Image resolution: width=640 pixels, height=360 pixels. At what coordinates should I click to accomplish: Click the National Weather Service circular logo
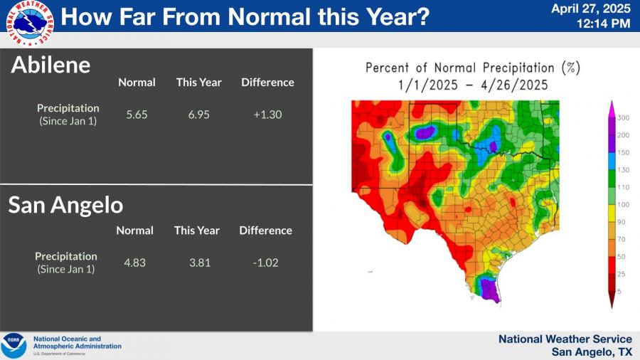[x=30, y=23]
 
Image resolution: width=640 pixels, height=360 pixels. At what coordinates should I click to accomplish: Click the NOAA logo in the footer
[x=14, y=346]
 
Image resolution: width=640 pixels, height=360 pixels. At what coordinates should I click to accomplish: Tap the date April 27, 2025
[x=591, y=9]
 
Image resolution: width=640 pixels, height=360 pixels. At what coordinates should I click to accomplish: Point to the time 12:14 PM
[x=603, y=23]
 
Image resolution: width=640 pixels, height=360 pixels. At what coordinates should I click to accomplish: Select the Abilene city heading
[x=50, y=65]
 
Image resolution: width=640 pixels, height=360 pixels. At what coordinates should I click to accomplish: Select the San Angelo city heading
[x=65, y=205]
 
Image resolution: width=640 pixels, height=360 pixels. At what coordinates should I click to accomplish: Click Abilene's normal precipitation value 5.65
[x=137, y=115]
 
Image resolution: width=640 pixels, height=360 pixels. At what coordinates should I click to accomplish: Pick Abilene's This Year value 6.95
[x=199, y=115]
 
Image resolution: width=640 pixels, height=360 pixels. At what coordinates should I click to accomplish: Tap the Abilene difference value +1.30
[x=268, y=115]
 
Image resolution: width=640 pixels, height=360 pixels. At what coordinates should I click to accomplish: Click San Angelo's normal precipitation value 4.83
[x=134, y=263]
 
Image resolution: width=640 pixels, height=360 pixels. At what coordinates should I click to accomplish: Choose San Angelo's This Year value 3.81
[x=200, y=263]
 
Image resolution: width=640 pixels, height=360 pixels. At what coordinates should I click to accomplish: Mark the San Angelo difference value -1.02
[x=266, y=263]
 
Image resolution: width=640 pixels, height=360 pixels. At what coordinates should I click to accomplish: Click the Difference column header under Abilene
[x=268, y=83]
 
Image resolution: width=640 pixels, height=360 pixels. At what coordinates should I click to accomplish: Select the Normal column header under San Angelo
[x=134, y=231]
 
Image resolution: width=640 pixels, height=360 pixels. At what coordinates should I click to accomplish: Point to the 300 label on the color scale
[x=623, y=118]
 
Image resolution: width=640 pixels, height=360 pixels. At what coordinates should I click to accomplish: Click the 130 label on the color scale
[x=623, y=170]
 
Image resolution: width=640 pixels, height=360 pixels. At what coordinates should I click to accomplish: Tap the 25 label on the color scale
[x=622, y=275]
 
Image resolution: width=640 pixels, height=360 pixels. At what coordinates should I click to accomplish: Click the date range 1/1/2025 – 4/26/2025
[x=473, y=85]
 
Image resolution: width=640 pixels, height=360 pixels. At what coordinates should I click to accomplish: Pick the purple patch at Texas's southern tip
[x=489, y=290]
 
